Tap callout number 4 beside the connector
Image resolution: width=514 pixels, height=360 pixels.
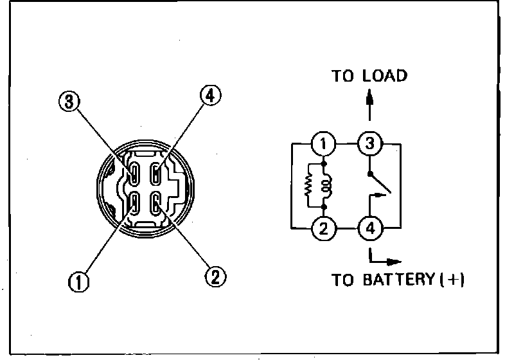point(209,96)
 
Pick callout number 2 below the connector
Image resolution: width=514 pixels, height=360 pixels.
point(213,277)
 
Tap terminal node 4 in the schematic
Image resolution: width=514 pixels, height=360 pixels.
point(369,228)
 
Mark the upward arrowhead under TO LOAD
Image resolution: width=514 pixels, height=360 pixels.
point(369,98)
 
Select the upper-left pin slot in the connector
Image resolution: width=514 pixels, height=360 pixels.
point(134,173)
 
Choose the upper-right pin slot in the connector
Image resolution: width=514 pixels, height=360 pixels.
point(155,173)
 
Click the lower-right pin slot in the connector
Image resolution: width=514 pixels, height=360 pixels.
point(155,204)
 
